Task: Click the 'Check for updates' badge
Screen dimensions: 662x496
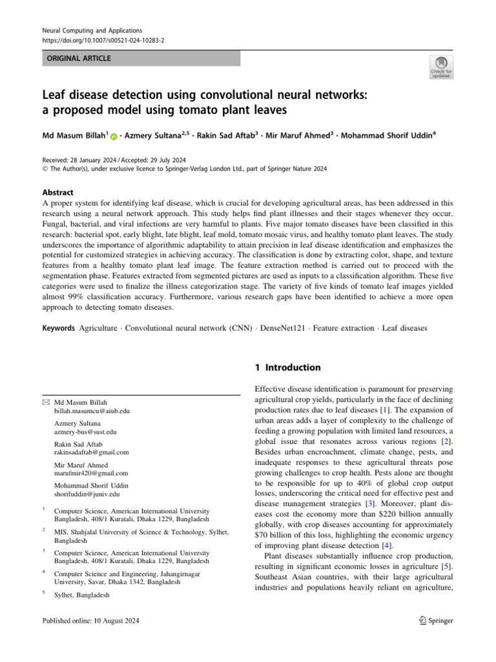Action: coord(441,67)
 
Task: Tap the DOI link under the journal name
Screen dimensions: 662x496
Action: coord(103,40)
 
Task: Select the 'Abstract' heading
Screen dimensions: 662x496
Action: coord(58,193)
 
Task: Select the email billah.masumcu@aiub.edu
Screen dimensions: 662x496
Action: coord(92,411)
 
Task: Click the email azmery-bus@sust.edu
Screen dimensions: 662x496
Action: coord(85,432)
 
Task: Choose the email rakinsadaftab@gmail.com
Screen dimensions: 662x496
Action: coord(91,453)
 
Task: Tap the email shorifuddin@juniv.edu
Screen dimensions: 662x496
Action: coord(87,494)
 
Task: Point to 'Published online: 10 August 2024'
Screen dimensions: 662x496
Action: coord(90,621)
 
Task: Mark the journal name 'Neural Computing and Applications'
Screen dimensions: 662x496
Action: coord(92,30)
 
